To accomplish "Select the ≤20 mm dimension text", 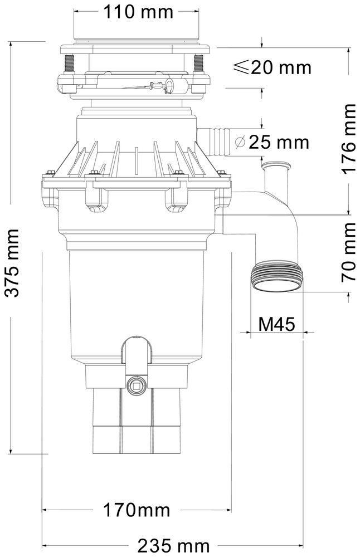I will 271,68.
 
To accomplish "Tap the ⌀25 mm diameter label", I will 271,142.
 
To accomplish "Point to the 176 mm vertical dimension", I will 348,139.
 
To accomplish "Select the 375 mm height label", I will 12,262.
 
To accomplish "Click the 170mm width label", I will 136,510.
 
